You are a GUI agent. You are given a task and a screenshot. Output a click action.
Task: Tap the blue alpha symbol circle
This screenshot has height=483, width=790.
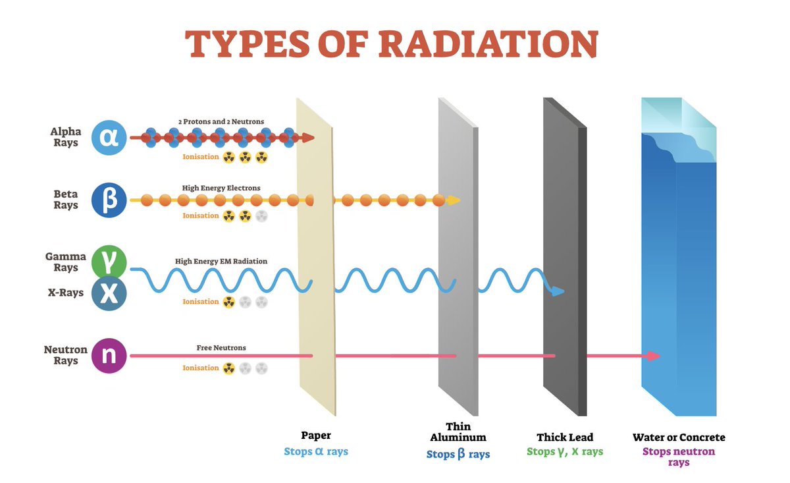point(109,137)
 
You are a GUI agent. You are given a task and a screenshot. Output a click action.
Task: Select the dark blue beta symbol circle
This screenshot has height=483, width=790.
point(109,200)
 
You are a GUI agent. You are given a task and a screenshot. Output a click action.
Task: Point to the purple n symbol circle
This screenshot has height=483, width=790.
point(109,356)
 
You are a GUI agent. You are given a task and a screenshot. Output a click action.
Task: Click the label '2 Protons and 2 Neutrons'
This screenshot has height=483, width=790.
point(221,122)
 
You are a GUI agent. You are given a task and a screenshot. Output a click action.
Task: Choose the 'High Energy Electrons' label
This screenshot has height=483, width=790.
point(221,188)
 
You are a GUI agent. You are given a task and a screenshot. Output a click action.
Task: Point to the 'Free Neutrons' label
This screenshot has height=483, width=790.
point(221,347)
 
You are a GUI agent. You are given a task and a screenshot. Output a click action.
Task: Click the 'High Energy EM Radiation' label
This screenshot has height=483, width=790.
point(221,261)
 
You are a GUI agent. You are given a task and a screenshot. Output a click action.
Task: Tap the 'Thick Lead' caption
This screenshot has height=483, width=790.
point(565,438)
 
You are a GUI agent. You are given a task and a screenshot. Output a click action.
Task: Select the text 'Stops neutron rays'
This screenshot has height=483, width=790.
point(679,457)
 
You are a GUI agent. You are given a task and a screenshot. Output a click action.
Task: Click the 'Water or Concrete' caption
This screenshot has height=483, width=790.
point(679,438)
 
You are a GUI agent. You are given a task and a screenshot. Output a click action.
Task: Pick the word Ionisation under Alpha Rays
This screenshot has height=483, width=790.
point(201,157)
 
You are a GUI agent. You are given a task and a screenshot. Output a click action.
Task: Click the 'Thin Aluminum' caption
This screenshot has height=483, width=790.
point(458,432)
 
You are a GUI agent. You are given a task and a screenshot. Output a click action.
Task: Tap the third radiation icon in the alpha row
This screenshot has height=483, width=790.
point(262,157)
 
